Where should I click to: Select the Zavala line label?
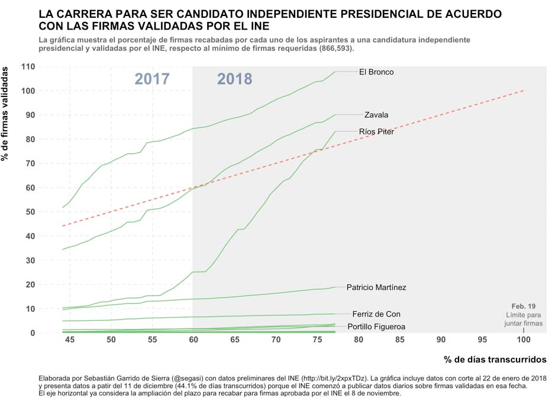click(376, 115)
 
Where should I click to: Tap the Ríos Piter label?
click(376, 132)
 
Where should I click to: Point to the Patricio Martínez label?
click(376, 288)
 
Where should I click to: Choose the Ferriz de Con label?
click(376, 314)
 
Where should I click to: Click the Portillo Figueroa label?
click(376, 327)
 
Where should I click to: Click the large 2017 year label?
click(152, 79)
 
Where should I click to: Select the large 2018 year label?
click(234, 79)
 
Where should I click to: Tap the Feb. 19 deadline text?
click(524, 306)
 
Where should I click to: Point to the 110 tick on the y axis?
click(28, 66)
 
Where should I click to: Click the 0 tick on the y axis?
click(33, 333)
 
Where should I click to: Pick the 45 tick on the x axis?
click(70, 341)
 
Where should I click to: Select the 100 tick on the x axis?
click(523, 341)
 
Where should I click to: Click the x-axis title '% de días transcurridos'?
click(495, 359)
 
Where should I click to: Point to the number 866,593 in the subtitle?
click(335, 49)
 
